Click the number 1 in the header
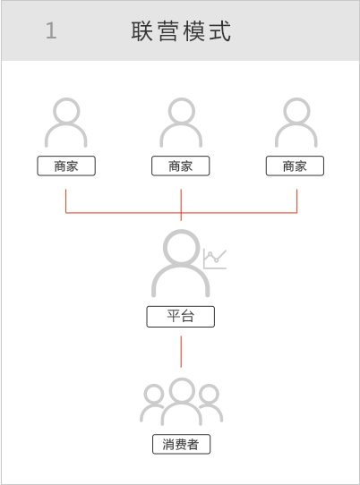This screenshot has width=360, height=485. coord(51,30)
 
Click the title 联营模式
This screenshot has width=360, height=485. coord(181,31)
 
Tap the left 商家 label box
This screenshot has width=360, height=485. coord(66,166)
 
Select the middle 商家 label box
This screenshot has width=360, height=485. coord(181,166)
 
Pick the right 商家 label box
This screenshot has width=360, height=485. coord(295,166)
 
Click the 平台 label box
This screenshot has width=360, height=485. coord(181,317)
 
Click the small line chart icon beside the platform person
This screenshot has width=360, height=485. coord(215,260)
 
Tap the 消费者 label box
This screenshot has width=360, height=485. coord(182,444)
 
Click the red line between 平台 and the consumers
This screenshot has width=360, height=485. coord(181,352)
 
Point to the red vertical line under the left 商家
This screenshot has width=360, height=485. coord(65,201)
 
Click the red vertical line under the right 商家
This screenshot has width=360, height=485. coord(296,201)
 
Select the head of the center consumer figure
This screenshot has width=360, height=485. coord(182,390)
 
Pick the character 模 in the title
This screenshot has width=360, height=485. coord(193,31)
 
